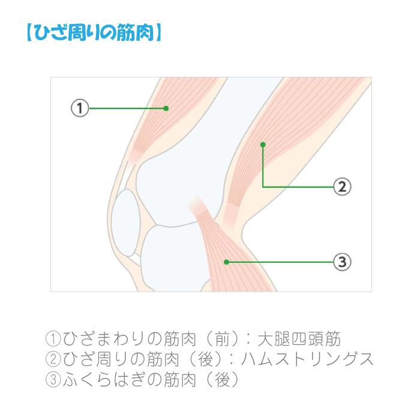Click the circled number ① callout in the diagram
point(79,109)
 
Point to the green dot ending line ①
point(166,109)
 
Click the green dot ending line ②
point(263,145)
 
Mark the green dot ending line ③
point(226,262)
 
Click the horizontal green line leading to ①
point(126,109)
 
